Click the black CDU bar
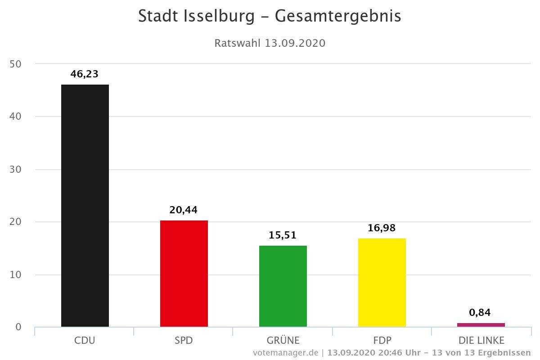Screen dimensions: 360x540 [85, 206]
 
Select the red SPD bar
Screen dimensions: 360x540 [184, 274]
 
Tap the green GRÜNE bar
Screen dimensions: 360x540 [283, 286]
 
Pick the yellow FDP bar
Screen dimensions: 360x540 [382, 283]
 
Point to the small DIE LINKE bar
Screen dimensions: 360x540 [481, 325]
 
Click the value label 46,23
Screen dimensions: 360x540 [85, 74]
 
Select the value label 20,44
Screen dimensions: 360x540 [184, 210]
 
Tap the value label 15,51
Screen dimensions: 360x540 [283, 235]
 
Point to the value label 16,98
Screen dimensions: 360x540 [382, 228]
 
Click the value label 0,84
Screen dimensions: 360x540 [480, 312]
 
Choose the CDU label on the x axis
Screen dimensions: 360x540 [85, 340]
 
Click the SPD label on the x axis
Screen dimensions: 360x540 [184, 340]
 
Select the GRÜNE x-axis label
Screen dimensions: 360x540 [283, 340]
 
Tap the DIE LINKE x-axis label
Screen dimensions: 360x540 [481, 340]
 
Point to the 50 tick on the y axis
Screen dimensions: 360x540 [15, 64]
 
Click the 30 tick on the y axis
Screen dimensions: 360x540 [15, 170]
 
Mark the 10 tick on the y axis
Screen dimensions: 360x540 [15, 275]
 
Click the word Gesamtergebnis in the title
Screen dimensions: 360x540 [338, 17]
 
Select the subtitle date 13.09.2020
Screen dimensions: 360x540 [295, 43]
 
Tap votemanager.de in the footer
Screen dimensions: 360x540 [285, 352]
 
